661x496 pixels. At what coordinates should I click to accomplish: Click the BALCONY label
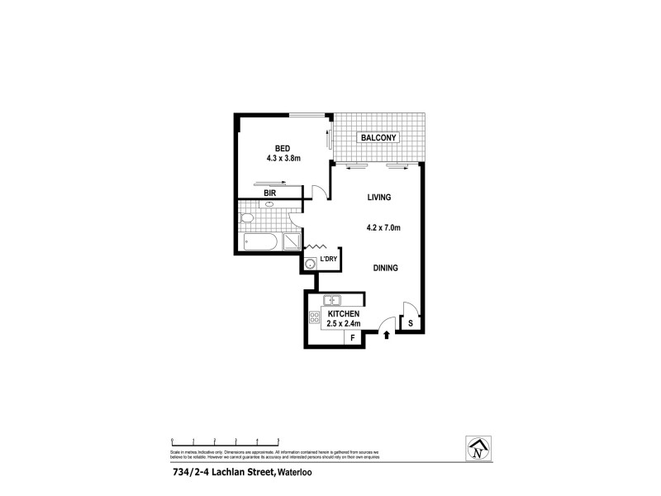click(x=378, y=137)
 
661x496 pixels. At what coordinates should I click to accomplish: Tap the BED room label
click(x=283, y=149)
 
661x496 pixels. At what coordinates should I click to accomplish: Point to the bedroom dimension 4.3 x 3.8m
click(x=283, y=158)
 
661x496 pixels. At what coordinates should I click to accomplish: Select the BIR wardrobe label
click(x=269, y=193)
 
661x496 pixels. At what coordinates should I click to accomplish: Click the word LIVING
click(x=378, y=198)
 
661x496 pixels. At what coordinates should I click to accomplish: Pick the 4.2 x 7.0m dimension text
click(x=383, y=227)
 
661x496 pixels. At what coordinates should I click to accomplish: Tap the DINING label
click(x=386, y=268)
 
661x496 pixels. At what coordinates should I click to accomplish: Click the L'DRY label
click(x=329, y=260)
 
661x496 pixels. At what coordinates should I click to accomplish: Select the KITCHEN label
click(x=343, y=315)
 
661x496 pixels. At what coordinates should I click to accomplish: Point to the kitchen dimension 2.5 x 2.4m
click(x=345, y=324)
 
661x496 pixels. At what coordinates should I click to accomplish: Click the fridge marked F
click(x=352, y=337)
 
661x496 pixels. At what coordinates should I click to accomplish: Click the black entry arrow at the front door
click(x=387, y=335)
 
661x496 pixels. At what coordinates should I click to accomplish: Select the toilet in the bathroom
click(x=246, y=219)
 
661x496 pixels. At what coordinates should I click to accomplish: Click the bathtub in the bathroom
click(x=262, y=242)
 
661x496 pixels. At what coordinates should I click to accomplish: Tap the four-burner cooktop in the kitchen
click(x=315, y=318)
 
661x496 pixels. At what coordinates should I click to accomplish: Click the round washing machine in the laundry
click(x=310, y=265)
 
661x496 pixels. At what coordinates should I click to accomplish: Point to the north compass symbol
click(x=477, y=451)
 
